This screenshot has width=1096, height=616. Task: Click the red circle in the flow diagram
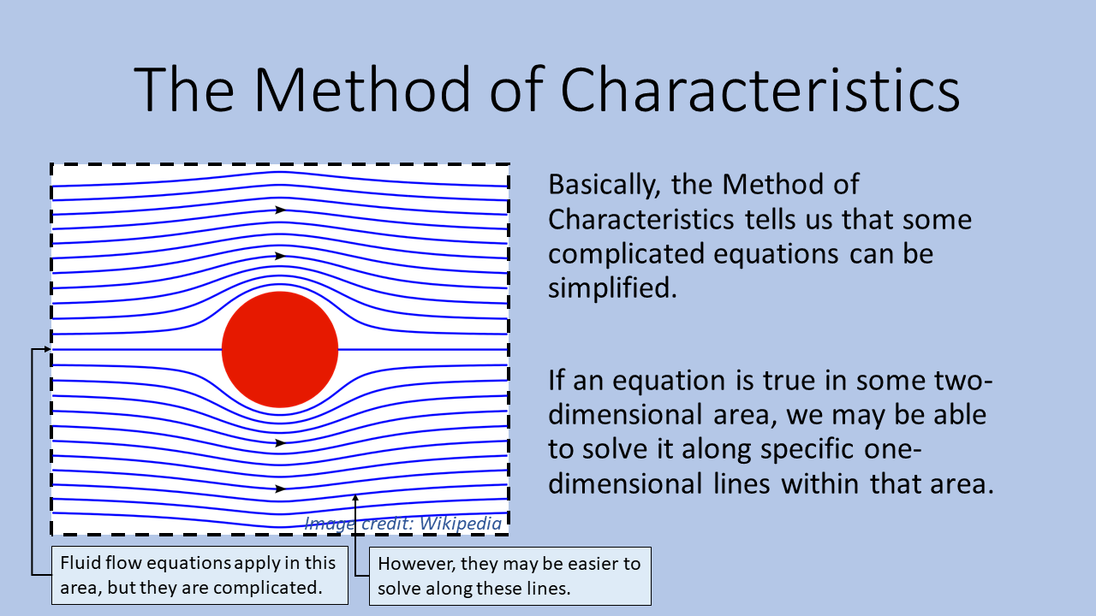pos(280,350)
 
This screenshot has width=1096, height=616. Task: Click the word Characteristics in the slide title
pos(759,91)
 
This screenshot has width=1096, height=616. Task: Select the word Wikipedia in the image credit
pos(461,524)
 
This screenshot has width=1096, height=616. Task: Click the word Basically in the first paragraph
pos(605,186)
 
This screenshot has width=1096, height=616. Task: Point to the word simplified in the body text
pos(612,287)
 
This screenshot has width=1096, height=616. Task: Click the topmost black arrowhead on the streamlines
pos(280,210)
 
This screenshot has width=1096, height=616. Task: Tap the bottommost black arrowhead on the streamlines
pos(280,489)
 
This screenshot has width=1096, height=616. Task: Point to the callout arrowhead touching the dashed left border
pos(47,349)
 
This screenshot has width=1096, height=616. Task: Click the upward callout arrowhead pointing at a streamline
pos(355,498)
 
